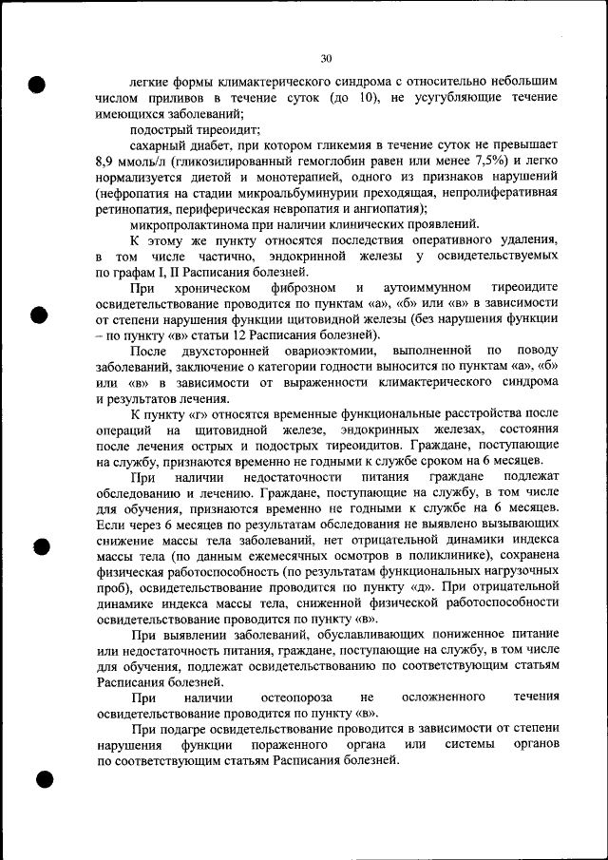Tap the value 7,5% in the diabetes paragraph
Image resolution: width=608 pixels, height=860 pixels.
490,161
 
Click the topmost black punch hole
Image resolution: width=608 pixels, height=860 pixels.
37,84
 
